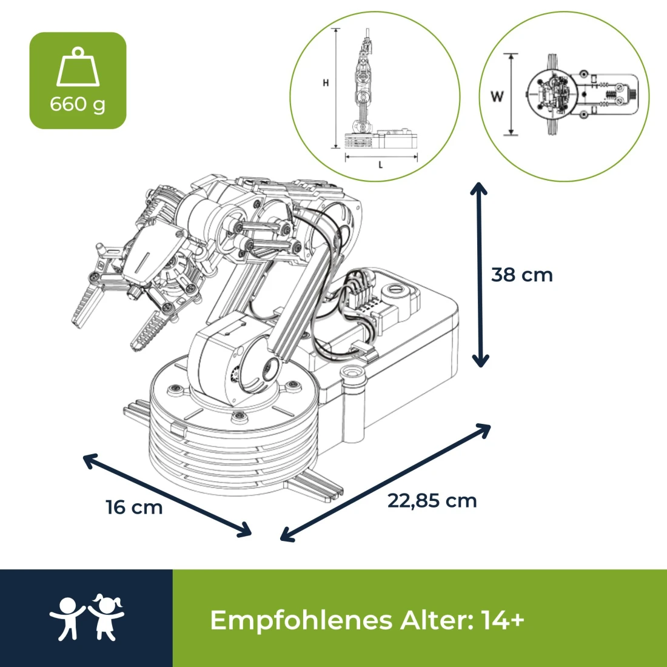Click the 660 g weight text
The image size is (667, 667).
(x=78, y=104)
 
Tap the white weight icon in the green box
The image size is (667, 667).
(x=78, y=68)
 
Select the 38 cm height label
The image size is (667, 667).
(x=522, y=275)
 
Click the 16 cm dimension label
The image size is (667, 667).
(x=134, y=507)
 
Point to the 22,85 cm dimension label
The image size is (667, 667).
(x=432, y=501)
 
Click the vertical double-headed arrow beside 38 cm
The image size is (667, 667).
(x=480, y=275)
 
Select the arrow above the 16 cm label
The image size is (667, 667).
(x=167, y=495)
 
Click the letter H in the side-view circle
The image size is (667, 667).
(x=326, y=83)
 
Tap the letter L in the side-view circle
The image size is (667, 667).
(x=381, y=165)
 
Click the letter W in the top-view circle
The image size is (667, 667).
(x=497, y=96)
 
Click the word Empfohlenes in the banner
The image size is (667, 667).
(x=301, y=620)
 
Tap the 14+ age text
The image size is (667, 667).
(x=503, y=620)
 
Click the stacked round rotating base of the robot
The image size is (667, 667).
(x=233, y=437)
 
